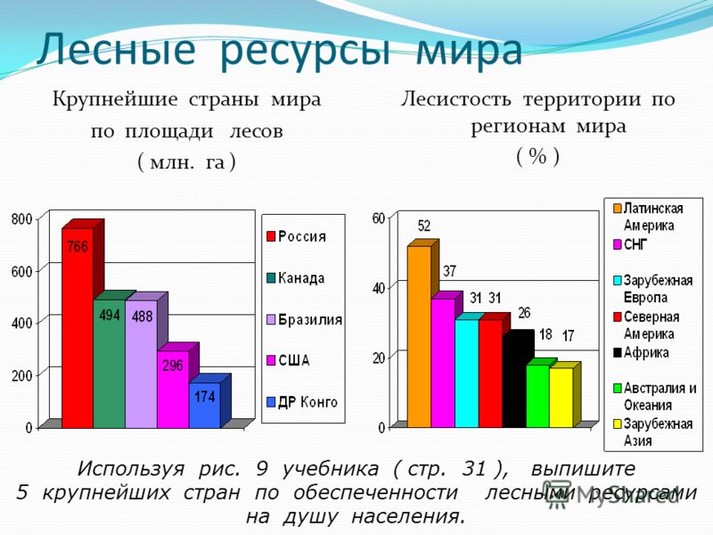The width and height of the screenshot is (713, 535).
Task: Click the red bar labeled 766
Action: (x=78, y=327)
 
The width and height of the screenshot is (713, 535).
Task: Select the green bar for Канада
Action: (x=109, y=364)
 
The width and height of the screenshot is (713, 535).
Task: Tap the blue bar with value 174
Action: (x=205, y=405)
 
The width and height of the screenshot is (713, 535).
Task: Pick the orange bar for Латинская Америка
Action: (x=419, y=336)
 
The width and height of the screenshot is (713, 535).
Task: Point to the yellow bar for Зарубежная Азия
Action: (x=561, y=397)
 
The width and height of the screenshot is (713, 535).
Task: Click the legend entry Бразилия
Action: (x=304, y=320)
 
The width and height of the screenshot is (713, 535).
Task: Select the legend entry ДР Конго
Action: (x=302, y=402)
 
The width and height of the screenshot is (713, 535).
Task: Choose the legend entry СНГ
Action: (x=630, y=244)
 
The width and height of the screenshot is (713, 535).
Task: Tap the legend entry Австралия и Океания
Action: (x=655, y=397)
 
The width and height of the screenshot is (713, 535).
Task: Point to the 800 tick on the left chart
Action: (x=21, y=219)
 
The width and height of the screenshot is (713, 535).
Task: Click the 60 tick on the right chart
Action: (x=378, y=218)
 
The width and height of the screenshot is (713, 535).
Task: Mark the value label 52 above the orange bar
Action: (x=424, y=226)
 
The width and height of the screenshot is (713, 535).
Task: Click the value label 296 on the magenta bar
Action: (x=173, y=366)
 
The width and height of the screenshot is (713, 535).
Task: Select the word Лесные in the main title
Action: (x=117, y=49)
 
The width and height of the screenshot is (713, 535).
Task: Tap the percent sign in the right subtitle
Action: (x=537, y=157)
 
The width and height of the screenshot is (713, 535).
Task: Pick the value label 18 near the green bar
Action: (x=545, y=335)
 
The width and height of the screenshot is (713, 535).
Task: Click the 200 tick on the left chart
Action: (x=21, y=375)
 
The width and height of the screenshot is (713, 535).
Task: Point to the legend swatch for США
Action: (x=271, y=361)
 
